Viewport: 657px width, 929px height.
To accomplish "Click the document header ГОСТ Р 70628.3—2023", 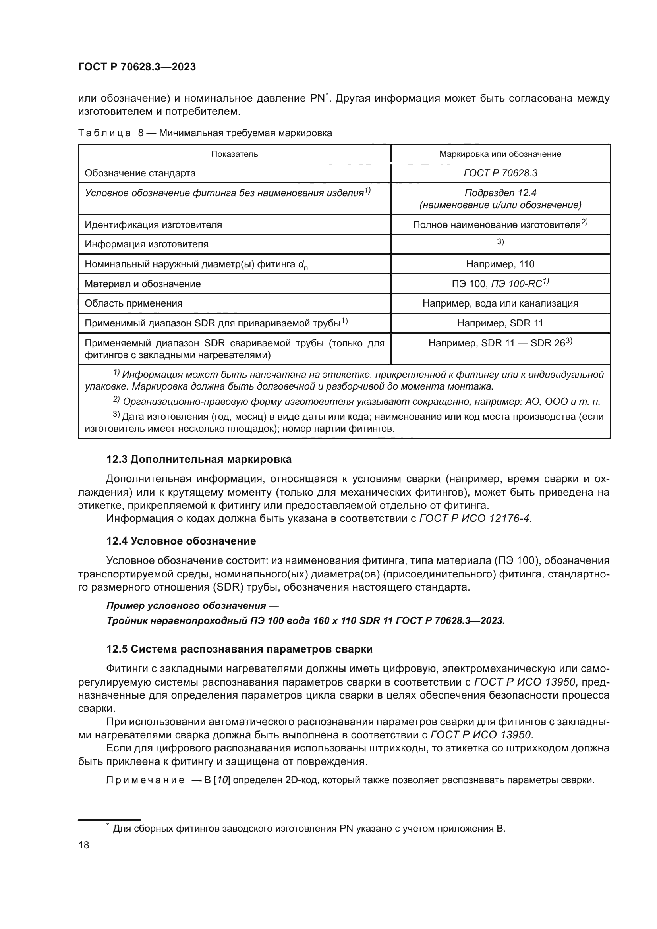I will click(137, 67).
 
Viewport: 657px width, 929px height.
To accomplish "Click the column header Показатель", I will click(234, 154).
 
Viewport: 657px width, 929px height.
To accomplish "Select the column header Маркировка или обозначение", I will click(500, 154).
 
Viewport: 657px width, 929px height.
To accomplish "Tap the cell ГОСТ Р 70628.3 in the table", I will click(500, 173).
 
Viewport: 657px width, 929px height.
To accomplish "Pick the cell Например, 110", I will click(500, 264).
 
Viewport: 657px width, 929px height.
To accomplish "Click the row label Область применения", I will click(133, 303).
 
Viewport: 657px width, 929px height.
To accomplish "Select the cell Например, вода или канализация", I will click(500, 303).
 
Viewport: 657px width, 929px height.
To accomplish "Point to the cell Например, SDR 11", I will click(500, 323).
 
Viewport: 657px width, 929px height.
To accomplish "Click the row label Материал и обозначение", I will click(143, 284).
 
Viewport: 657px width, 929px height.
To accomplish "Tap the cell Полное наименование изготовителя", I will click(497, 225).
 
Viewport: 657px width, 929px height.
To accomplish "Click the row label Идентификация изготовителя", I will click(153, 225).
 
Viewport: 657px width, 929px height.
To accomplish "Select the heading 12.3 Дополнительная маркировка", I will click(199, 459).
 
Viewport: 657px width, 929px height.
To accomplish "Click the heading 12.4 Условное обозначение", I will click(181, 541).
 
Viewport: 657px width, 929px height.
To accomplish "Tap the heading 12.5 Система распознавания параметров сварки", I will click(239, 649).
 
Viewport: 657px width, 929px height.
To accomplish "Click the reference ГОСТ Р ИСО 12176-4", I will click(474, 518).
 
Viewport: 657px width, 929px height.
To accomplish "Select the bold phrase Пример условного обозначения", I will click(186, 606).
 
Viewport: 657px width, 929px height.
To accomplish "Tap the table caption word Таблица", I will click(104, 133).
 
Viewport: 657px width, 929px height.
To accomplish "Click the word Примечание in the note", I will click(145, 780).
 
